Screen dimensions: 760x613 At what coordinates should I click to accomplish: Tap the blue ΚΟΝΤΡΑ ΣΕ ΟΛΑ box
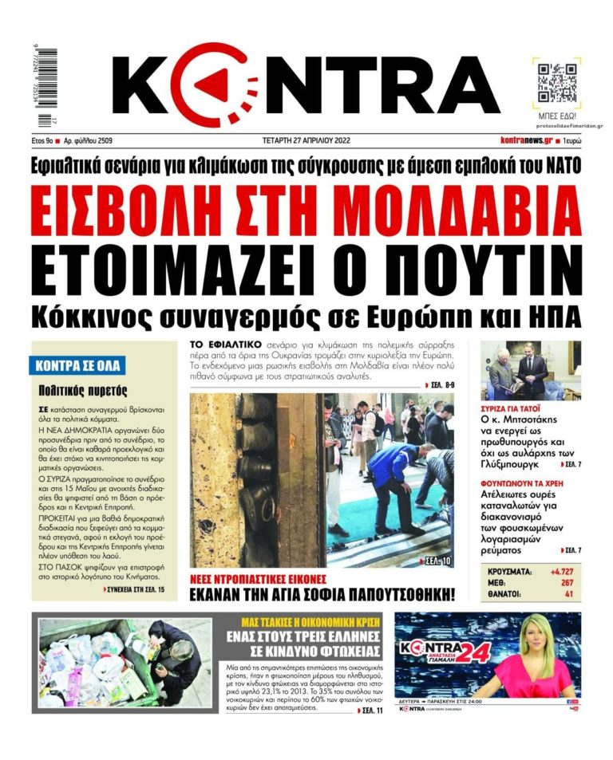[78, 366]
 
